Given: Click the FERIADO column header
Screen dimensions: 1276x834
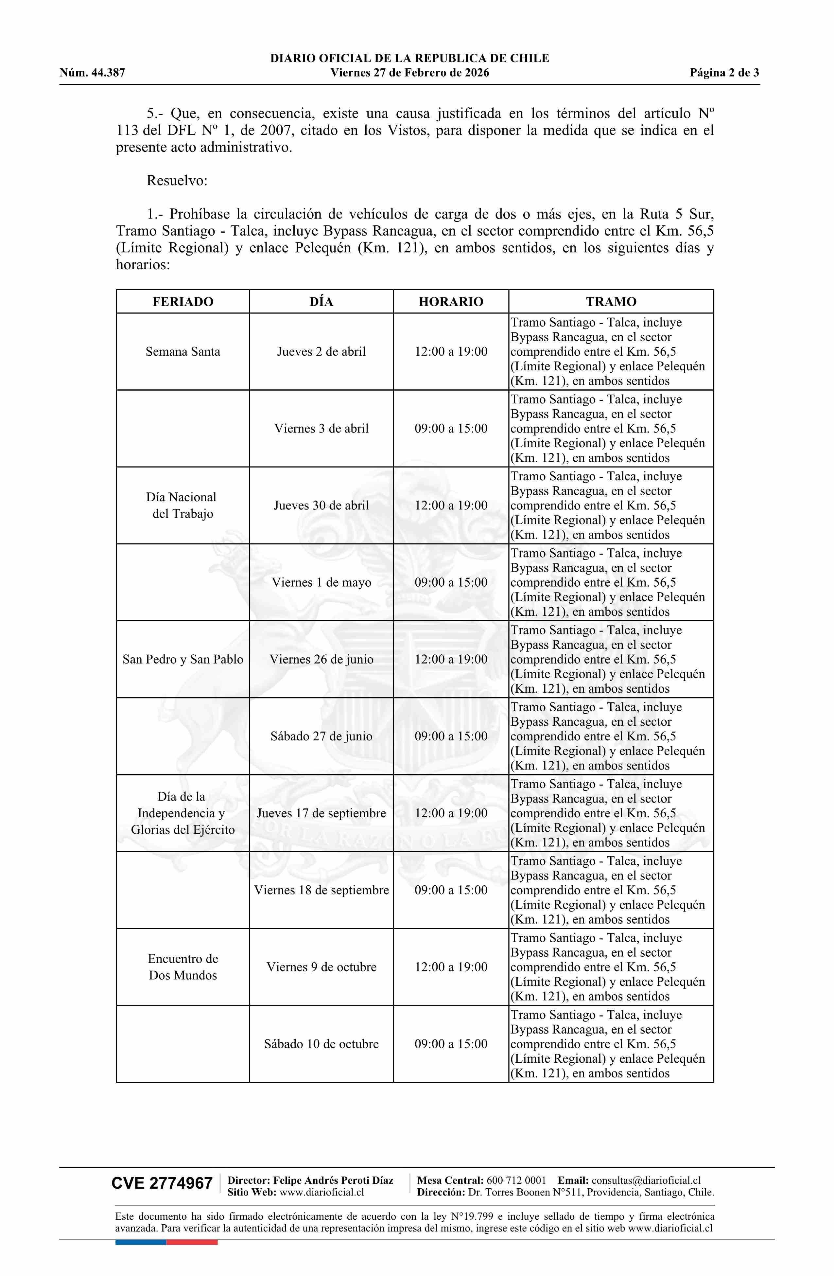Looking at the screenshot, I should coord(183,301).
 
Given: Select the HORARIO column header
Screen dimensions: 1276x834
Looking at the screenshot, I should coord(451,301).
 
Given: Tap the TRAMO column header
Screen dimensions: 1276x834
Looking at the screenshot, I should coord(611,301).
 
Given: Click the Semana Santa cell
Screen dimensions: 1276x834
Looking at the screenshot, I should coord(183,352).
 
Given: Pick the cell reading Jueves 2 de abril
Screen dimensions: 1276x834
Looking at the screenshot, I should coord(321,352).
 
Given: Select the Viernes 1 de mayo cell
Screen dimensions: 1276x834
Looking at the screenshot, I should coord(321,582).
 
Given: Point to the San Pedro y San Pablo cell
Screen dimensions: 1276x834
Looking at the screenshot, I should coord(183,660).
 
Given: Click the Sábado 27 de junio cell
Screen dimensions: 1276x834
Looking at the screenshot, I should coord(321,736).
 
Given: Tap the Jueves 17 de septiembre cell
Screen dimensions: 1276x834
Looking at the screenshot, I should coord(321,813).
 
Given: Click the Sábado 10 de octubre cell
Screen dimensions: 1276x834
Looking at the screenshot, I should coord(321,1044).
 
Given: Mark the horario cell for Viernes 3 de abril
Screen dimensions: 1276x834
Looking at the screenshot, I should coord(451,428).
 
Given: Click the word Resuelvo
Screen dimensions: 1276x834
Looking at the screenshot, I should coord(177,181).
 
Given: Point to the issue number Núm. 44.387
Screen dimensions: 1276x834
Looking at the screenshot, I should coord(92,73).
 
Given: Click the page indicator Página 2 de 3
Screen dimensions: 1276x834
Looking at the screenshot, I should coord(724,73).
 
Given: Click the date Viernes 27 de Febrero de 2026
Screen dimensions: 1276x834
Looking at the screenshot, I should coord(409,73).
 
